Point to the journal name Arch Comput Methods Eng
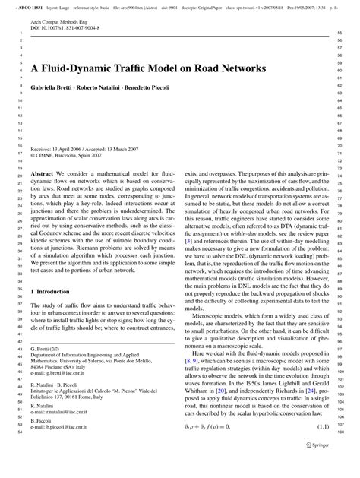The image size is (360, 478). [64, 21]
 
